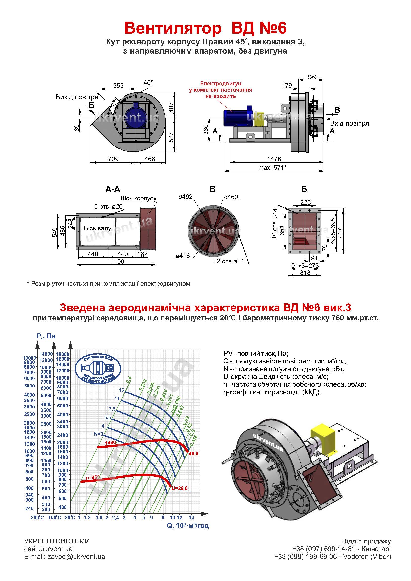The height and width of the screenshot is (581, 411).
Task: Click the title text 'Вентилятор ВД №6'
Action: click(x=205, y=28)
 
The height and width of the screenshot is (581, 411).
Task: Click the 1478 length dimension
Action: click(x=274, y=159)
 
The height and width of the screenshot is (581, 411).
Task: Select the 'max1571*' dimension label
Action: click(x=272, y=167)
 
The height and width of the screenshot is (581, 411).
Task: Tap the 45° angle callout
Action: click(x=148, y=82)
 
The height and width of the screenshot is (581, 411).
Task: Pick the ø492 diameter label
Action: click(x=186, y=197)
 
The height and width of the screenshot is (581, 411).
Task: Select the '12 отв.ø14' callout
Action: click(x=229, y=261)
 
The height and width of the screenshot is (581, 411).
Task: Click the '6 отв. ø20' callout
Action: click(x=108, y=206)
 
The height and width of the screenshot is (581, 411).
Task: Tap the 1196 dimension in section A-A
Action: click(x=118, y=261)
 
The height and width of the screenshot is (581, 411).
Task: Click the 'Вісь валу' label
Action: click(x=97, y=228)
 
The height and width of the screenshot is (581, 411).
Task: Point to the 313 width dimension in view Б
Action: click(x=305, y=272)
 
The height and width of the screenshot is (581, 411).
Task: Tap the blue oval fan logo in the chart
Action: click(x=98, y=368)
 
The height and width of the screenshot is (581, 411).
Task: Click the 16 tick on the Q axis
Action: click(x=191, y=517)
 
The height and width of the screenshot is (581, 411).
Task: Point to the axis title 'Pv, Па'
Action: click(x=46, y=336)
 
